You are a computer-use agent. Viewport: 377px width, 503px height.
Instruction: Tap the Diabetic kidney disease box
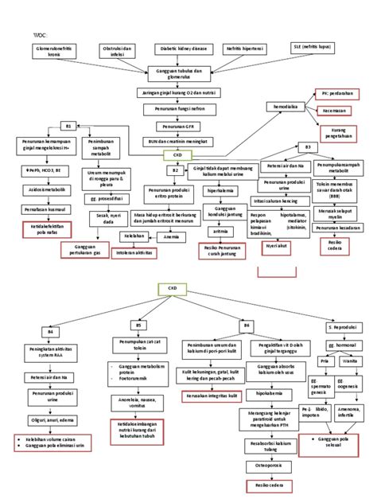184,49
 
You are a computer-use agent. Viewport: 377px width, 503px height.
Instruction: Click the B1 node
68,126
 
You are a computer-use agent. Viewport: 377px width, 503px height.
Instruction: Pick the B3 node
308,147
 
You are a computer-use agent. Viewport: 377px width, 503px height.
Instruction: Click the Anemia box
171,236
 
